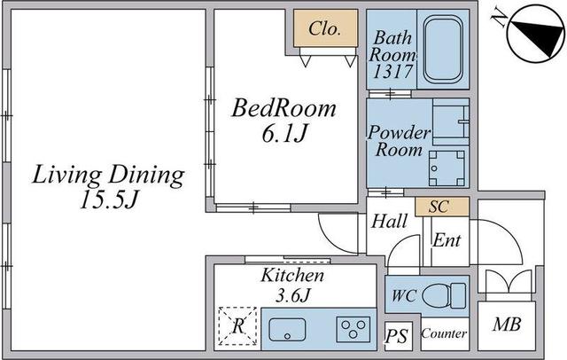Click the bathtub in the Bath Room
point(443,49)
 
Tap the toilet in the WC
point(444,295)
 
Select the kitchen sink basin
point(287,330)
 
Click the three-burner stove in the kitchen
point(353,329)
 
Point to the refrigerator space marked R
point(237,326)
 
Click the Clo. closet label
point(324,28)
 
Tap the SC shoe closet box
point(442,207)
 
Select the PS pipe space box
point(398,336)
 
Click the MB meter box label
point(507,325)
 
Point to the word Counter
point(444,333)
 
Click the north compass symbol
point(536,34)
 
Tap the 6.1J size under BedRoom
point(283,134)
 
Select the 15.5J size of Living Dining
point(108,200)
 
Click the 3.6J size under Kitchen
point(292,295)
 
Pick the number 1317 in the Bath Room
point(392,71)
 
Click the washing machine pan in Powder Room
point(447,168)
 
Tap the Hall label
point(389,221)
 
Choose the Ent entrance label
point(447,240)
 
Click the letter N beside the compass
point(500,18)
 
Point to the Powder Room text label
point(400,141)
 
